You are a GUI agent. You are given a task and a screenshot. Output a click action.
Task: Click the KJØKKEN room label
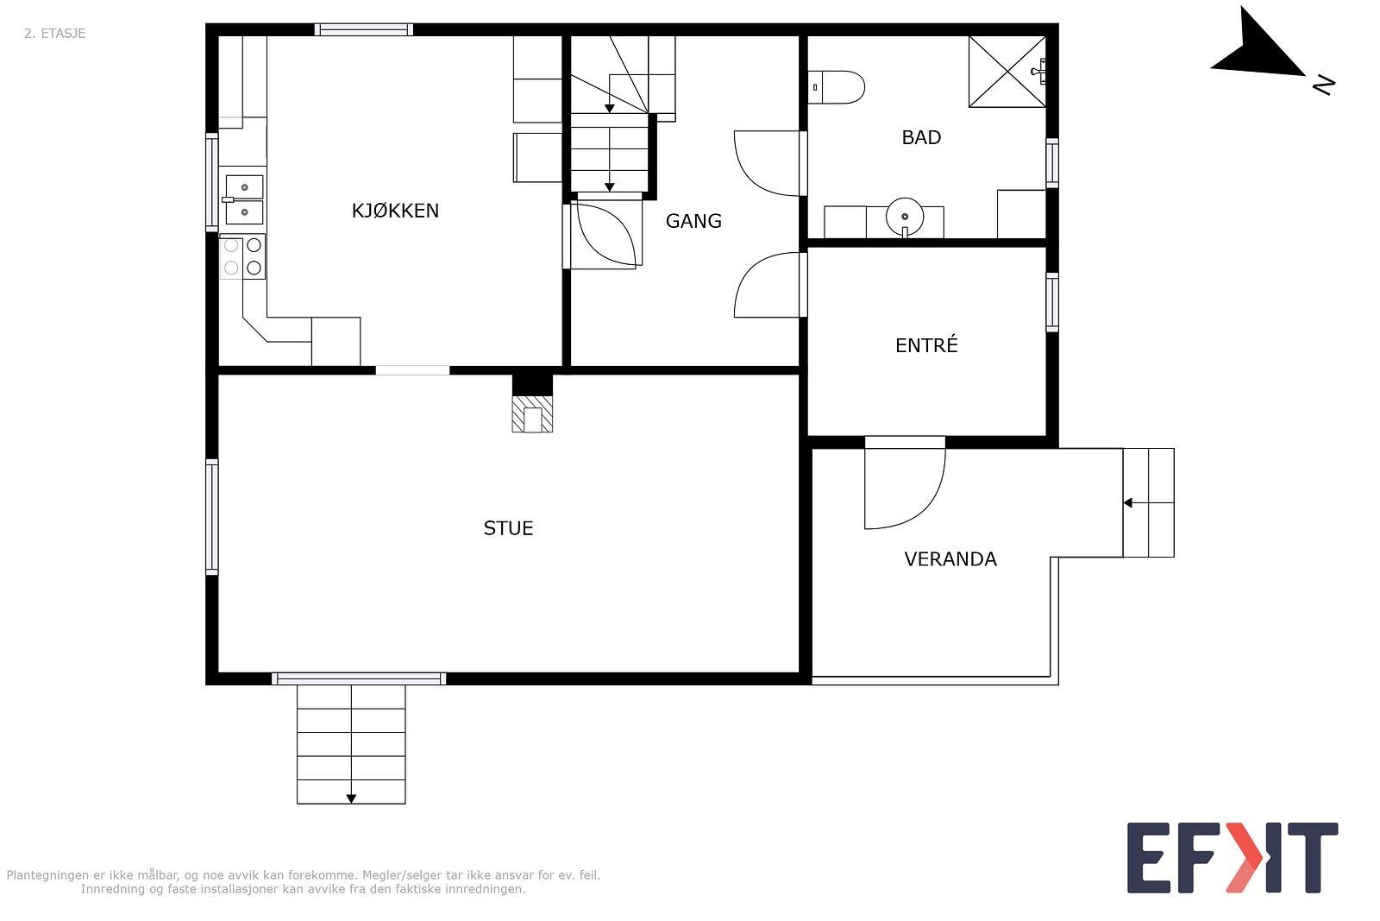click(x=395, y=211)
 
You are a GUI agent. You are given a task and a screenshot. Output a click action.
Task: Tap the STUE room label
click(x=508, y=528)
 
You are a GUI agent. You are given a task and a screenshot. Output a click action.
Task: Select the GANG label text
click(x=693, y=221)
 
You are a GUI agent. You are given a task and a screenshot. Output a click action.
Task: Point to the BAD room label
click(x=922, y=137)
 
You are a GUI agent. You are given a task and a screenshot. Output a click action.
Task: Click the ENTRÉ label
click(x=926, y=345)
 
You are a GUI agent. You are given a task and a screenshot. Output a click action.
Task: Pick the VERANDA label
click(x=950, y=559)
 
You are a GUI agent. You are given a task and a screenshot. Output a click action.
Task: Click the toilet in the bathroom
click(x=837, y=87)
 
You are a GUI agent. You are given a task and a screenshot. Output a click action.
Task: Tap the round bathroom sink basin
click(x=905, y=217)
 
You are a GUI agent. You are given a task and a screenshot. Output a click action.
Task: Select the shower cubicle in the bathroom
click(x=1007, y=72)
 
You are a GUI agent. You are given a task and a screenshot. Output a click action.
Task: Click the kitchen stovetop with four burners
click(x=242, y=256)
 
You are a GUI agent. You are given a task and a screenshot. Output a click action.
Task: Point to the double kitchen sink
click(x=244, y=199)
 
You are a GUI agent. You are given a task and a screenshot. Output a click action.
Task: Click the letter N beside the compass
click(x=1324, y=85)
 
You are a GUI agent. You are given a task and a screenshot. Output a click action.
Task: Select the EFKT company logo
click(x=1233, y=857)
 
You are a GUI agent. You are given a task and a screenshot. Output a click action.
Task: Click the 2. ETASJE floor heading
click(x=55, y=34)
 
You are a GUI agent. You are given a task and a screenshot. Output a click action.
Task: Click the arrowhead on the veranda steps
click(x=1127, y=503)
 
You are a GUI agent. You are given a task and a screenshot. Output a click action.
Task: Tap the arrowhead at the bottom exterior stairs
click(x=351, y=799)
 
